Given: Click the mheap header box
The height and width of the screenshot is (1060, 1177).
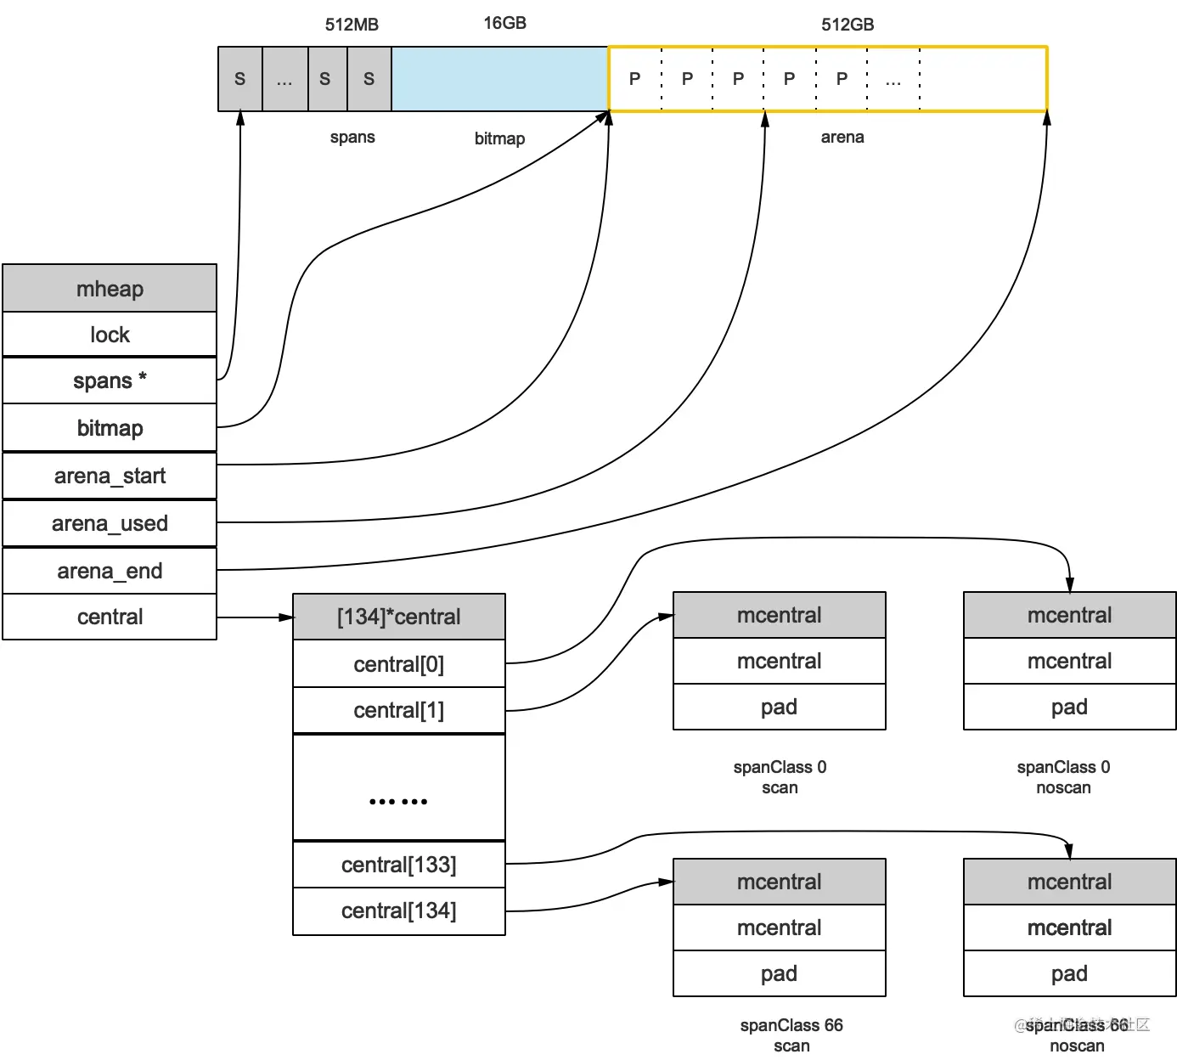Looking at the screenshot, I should point(110,289).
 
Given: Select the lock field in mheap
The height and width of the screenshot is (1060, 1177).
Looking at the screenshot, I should point(110,335).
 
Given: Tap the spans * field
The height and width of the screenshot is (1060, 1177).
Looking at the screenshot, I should point(110,381).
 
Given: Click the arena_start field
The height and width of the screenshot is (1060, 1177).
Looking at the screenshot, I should point(110,476).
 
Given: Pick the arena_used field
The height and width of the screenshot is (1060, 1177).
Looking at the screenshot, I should point(110,523).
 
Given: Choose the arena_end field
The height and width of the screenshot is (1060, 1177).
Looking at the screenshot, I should point(110,571).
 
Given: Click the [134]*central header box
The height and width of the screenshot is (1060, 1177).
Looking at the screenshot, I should point(398,617).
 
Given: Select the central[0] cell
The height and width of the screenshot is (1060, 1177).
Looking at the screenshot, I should point(398,664).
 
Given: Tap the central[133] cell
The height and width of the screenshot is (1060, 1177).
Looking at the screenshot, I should point(398,865).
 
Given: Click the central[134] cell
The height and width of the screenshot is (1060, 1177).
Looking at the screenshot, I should point(398,911).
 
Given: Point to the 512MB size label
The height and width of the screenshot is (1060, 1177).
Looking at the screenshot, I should point(352,25).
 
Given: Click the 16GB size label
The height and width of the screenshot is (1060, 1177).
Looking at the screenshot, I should point(504,23).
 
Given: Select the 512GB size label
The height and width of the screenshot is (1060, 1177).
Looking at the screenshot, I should point(847,25).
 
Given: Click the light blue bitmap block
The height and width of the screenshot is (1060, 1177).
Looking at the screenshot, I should point(499,79).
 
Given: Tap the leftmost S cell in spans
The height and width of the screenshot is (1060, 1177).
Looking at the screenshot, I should point(239,79).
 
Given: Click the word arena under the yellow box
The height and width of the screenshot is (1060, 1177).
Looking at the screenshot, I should point(842,137).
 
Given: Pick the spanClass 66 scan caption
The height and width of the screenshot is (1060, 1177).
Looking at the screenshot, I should point(791,1035).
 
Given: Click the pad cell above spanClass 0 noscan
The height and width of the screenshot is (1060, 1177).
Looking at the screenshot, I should point(1069,707).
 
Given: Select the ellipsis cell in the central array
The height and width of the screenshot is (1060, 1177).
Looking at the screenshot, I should point(398,787).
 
